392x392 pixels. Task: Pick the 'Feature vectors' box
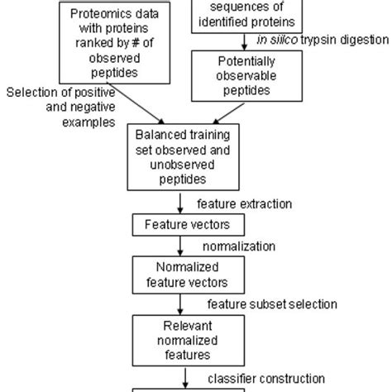pos(178,225)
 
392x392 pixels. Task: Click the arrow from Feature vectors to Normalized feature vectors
pos(178,246)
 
